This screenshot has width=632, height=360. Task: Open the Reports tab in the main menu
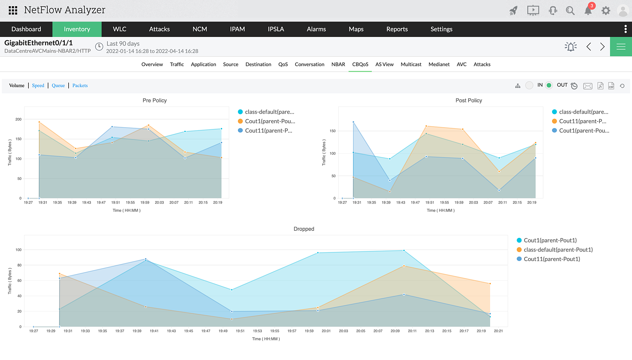pos(397,29)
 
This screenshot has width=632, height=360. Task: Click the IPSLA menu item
pos(276,29)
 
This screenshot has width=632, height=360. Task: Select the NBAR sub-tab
pos(338,64)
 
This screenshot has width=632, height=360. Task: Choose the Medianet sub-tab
pos(439,64)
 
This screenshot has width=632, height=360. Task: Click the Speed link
pos(38,85)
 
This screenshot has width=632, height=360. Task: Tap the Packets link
pos(80,85)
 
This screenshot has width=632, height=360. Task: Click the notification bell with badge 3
pos(588,10)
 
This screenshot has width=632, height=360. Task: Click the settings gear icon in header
pos(605,11)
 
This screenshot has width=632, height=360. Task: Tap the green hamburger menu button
pos(621,47)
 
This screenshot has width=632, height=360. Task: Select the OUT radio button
pos(549,85)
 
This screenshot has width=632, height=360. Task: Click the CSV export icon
pos(611,86)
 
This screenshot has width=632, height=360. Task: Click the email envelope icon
pos(588,86)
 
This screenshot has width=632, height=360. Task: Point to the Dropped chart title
pos(304,229)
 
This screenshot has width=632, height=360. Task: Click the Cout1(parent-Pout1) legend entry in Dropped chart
pos(550,240)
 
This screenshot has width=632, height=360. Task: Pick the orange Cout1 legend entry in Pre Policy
pos(270,121)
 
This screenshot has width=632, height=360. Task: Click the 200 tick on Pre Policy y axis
pos(18,119)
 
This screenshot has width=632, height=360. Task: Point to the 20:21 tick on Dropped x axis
pos(498,331)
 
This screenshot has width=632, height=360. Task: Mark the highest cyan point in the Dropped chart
pos(404,251)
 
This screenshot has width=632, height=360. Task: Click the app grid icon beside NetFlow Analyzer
pos(13,10)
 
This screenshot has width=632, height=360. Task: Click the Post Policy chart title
pos(469,100)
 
